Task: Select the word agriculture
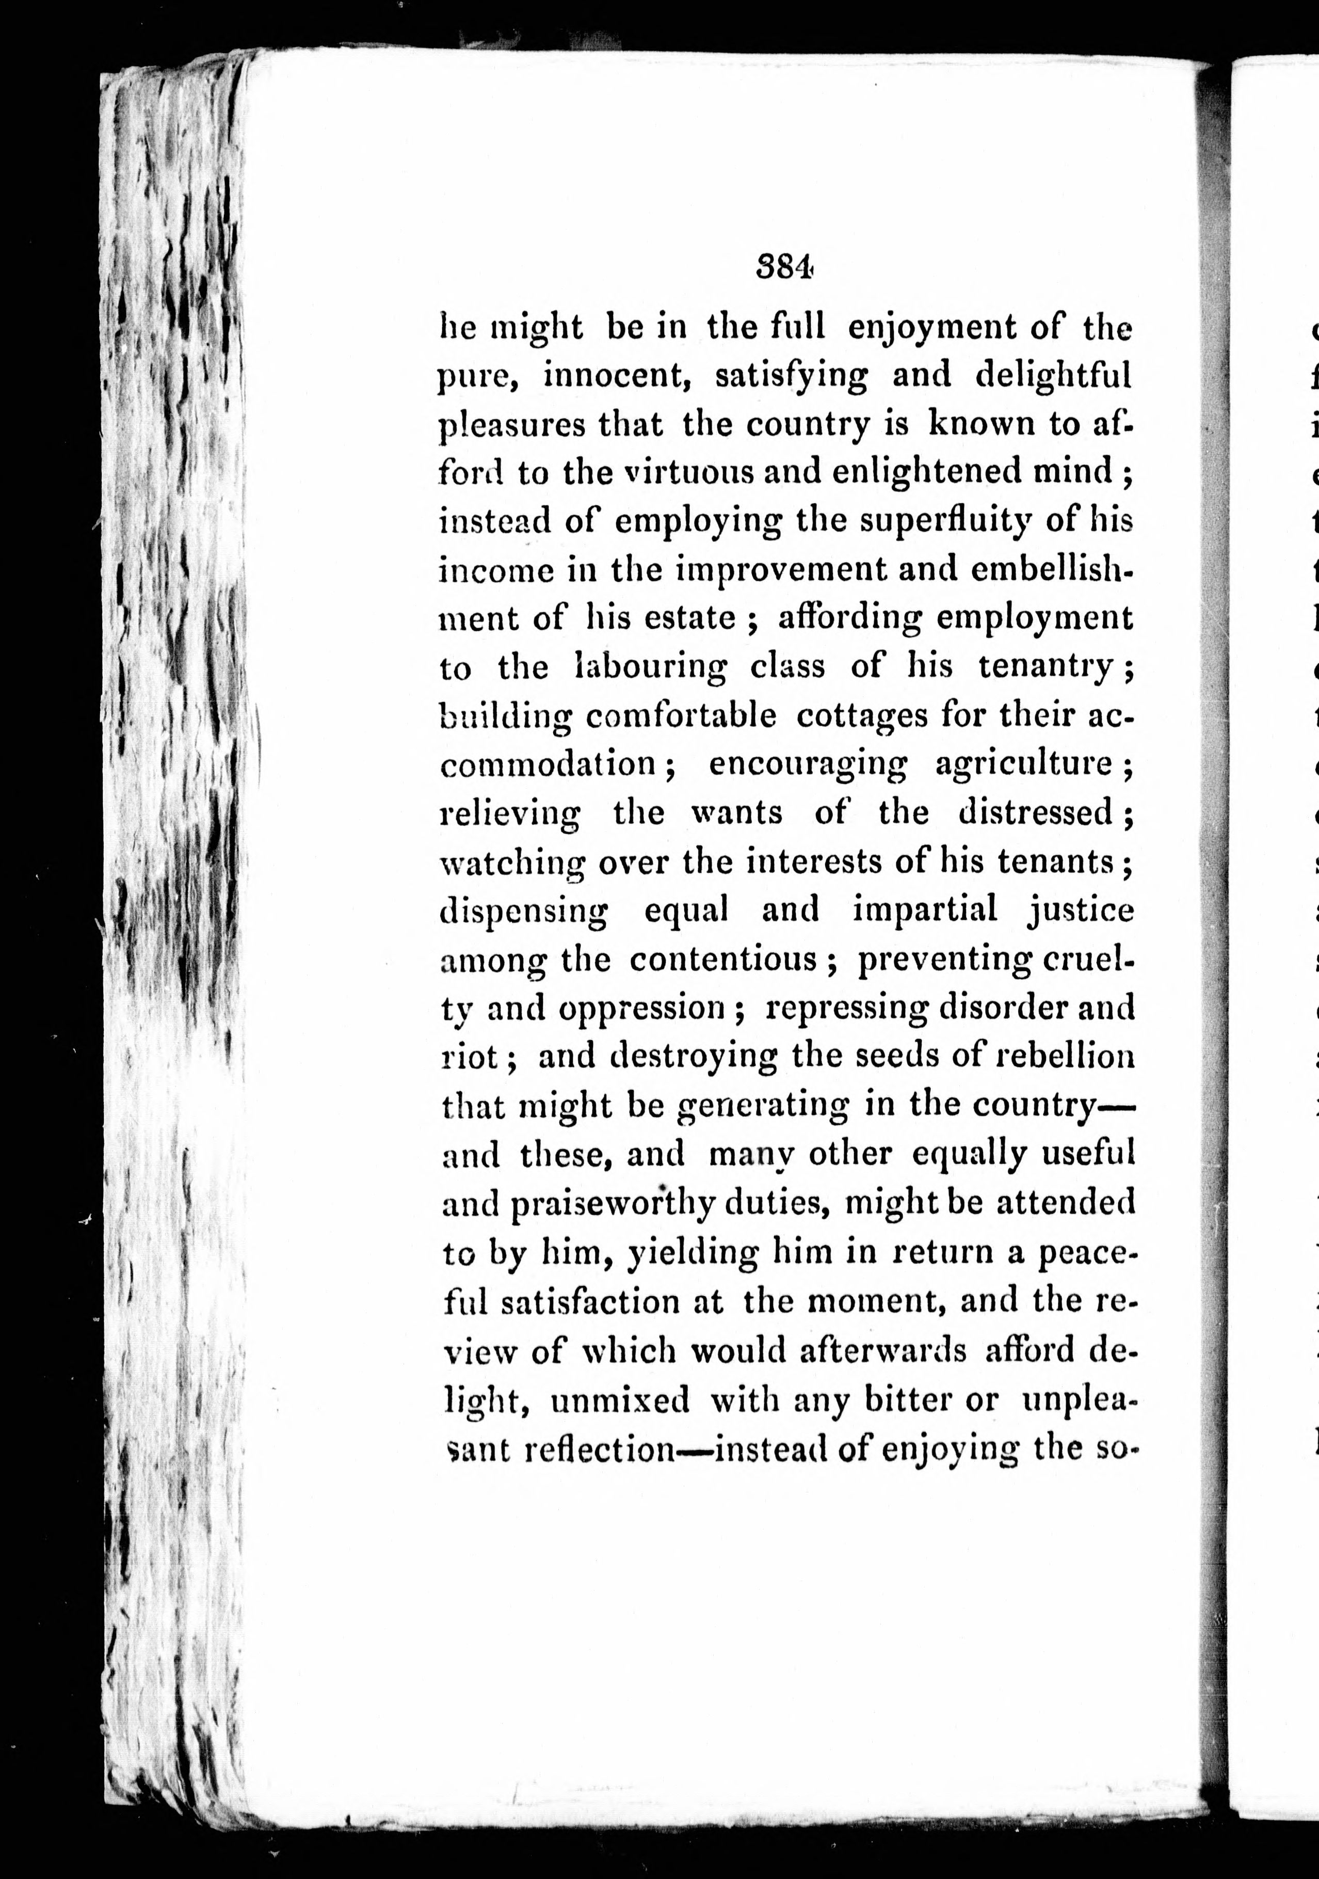(x=1023, y=765)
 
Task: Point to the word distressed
(x=1036, y=813)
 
